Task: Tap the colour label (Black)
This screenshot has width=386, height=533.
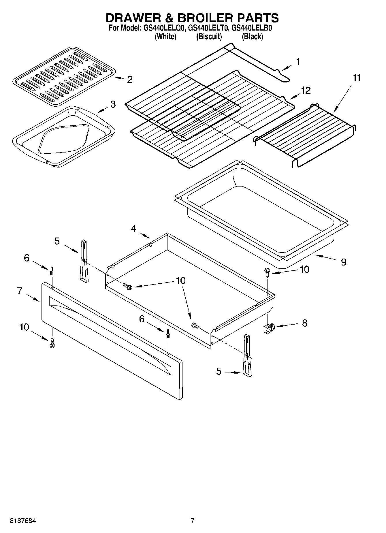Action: click(252, 37)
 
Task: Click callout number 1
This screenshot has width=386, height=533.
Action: click(298, 62)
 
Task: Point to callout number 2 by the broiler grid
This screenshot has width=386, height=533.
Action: click(130, 80)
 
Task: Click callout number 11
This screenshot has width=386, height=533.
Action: click(357, 78)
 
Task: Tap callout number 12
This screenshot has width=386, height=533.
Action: click(306, 91)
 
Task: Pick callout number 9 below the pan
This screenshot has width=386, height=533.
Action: click(344, 262)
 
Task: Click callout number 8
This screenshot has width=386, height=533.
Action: click(305, 323)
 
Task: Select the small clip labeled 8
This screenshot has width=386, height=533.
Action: click(269, 328)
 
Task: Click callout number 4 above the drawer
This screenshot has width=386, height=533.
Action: click(133, 229)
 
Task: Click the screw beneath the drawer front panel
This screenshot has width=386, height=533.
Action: click(52, 343)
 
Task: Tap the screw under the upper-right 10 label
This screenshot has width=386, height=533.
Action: click(267, 272)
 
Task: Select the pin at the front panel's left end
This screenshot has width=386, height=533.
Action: click(52, 271)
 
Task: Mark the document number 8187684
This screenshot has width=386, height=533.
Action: click(23, 521)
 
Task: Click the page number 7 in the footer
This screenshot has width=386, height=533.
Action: click(193, 521)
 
